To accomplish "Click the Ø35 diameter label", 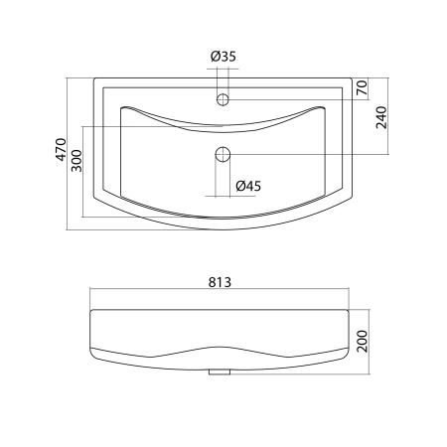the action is pyautogui.click(x=223, y=57).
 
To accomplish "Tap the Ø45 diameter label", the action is pyautogui.click(x=248, y=186).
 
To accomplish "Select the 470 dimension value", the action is pyautogui.click(x=61, y=150).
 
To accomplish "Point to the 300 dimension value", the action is pyautogui.click(x=76, y=161).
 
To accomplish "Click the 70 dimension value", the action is pyautogui.click(x=363, y=87).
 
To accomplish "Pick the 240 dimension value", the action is pyautogui.click(x=381, y=117).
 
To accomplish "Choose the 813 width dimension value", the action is pyautogui.click(x=220, y=282).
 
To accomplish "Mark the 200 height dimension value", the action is pyautogui.click(x=363, y=342).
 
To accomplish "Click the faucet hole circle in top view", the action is pyautogui.click(x=223, y=99).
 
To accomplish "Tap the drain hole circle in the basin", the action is pyautogui.click(x=223, y=154).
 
